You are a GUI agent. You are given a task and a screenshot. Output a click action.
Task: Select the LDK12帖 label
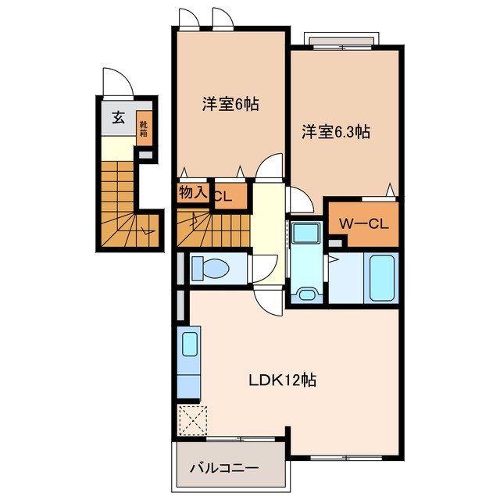(x=282, y=381)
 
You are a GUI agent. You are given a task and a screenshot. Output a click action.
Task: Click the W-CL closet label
(x=362, y=223)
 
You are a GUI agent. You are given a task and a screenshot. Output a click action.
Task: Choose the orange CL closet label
(x=223, y=196)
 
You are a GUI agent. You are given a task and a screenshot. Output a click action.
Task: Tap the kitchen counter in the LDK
(x=190, y=363)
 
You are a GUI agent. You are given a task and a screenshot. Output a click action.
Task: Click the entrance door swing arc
(x=114, y=81)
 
